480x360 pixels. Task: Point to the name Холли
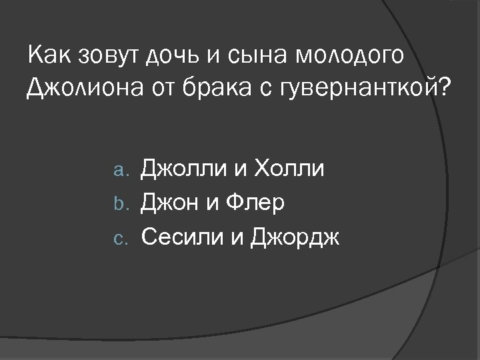click(287, 169)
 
